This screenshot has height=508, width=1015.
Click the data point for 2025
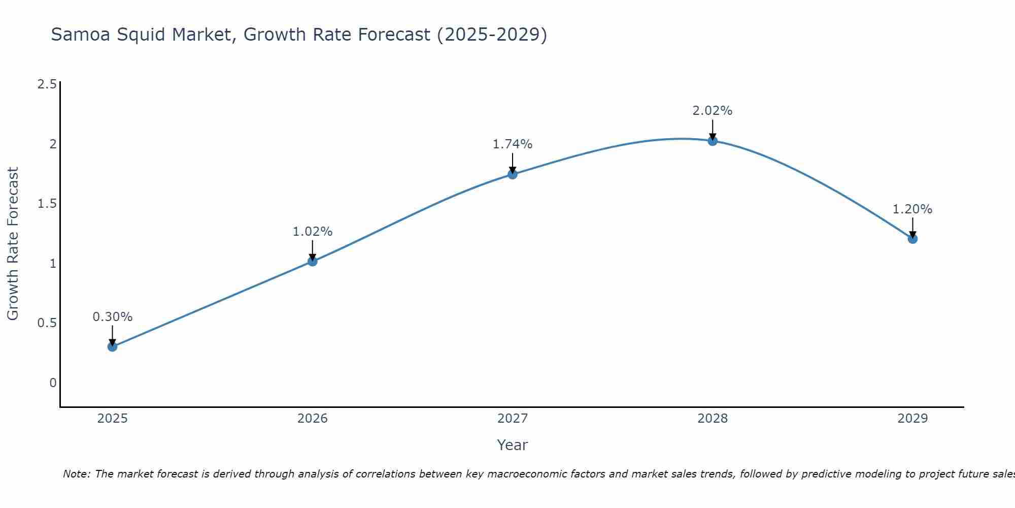(113, 347)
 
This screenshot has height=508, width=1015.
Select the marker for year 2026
(313, 261)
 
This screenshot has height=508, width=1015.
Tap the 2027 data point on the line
(513, 174)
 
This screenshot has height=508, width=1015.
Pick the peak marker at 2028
(713, 141)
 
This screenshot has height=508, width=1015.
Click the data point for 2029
(912, 239)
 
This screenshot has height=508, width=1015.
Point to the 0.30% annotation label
(113, 317)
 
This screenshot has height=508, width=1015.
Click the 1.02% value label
(313, 232)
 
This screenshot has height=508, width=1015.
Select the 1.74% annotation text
(513, 144)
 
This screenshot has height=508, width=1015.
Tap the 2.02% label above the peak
(713, 111)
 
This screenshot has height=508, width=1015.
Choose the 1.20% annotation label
(912, 209)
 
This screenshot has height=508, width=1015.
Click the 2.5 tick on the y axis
(47, 84)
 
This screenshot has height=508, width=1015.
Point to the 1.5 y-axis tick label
(47, 204)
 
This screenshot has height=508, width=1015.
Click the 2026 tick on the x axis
(313, 419)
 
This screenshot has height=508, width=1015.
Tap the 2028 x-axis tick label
(713, 419)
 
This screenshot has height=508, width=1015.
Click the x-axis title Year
(513, 445)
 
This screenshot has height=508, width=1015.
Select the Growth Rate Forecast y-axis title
(13, 244)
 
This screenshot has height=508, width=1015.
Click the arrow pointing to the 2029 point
(912, 227)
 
